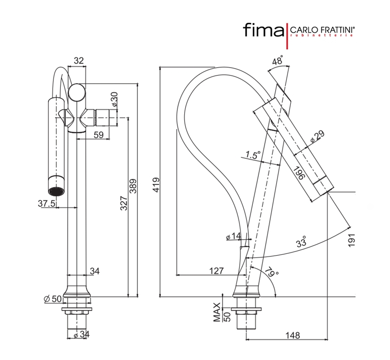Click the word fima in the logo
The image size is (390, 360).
coord(262,31)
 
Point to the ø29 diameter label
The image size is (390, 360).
coord(316,137)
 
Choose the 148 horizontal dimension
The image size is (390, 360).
coord(293,335)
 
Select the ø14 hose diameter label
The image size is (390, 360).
coord(233,236)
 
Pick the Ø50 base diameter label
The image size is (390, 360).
coord(53,299)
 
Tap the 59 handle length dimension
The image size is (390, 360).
coord(98,134)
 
